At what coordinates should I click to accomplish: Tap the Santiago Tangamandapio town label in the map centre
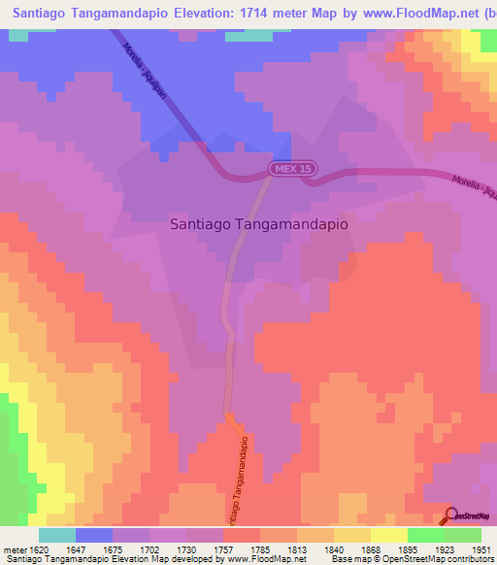point(258,222)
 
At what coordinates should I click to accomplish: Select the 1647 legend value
point(79,548)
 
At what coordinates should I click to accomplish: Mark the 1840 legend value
point(335,548)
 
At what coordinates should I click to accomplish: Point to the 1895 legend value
point(409,548)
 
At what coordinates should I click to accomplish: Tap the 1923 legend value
point(446,548)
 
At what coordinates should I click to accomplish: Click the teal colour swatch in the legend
point(57,535)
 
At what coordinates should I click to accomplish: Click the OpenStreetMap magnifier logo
point(448,515)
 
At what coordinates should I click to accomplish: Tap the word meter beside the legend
point(15,548)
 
